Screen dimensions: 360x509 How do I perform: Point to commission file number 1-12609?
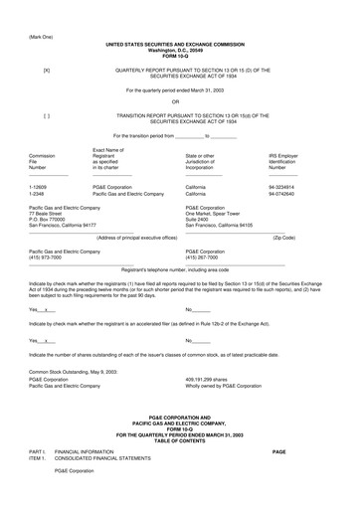coord(43,186)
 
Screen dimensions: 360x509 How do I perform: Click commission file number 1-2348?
coord(41,192)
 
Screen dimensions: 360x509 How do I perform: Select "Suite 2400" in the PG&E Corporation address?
coord(199,219)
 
